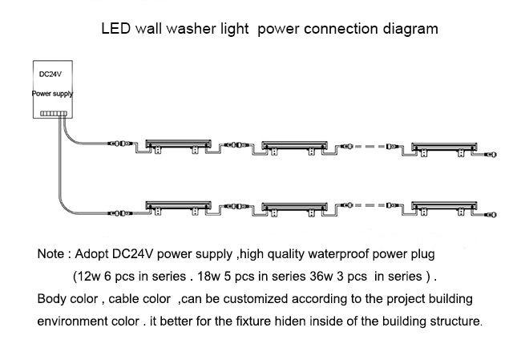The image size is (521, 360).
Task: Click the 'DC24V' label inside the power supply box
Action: (50, 75)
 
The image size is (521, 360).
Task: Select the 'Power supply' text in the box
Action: (52, 94)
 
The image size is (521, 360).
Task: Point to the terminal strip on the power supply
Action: (54, 114)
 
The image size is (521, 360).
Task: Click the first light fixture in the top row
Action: (178, 146)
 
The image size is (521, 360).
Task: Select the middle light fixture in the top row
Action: (294, 148)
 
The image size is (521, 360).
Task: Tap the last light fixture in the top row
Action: (444, 149)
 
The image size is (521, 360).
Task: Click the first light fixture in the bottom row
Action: (178, 208)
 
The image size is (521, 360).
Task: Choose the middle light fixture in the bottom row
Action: (294, 208)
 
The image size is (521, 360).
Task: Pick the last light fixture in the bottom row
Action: (444, 208)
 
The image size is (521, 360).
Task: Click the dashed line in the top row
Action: (370, 146)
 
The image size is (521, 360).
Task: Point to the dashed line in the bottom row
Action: (370, 205)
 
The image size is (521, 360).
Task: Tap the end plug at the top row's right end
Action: (491, 155)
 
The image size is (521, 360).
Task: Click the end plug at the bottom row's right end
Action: (491, 215)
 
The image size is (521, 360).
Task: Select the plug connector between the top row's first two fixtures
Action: (236, 145)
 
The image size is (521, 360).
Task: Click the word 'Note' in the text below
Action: (50, 254)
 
